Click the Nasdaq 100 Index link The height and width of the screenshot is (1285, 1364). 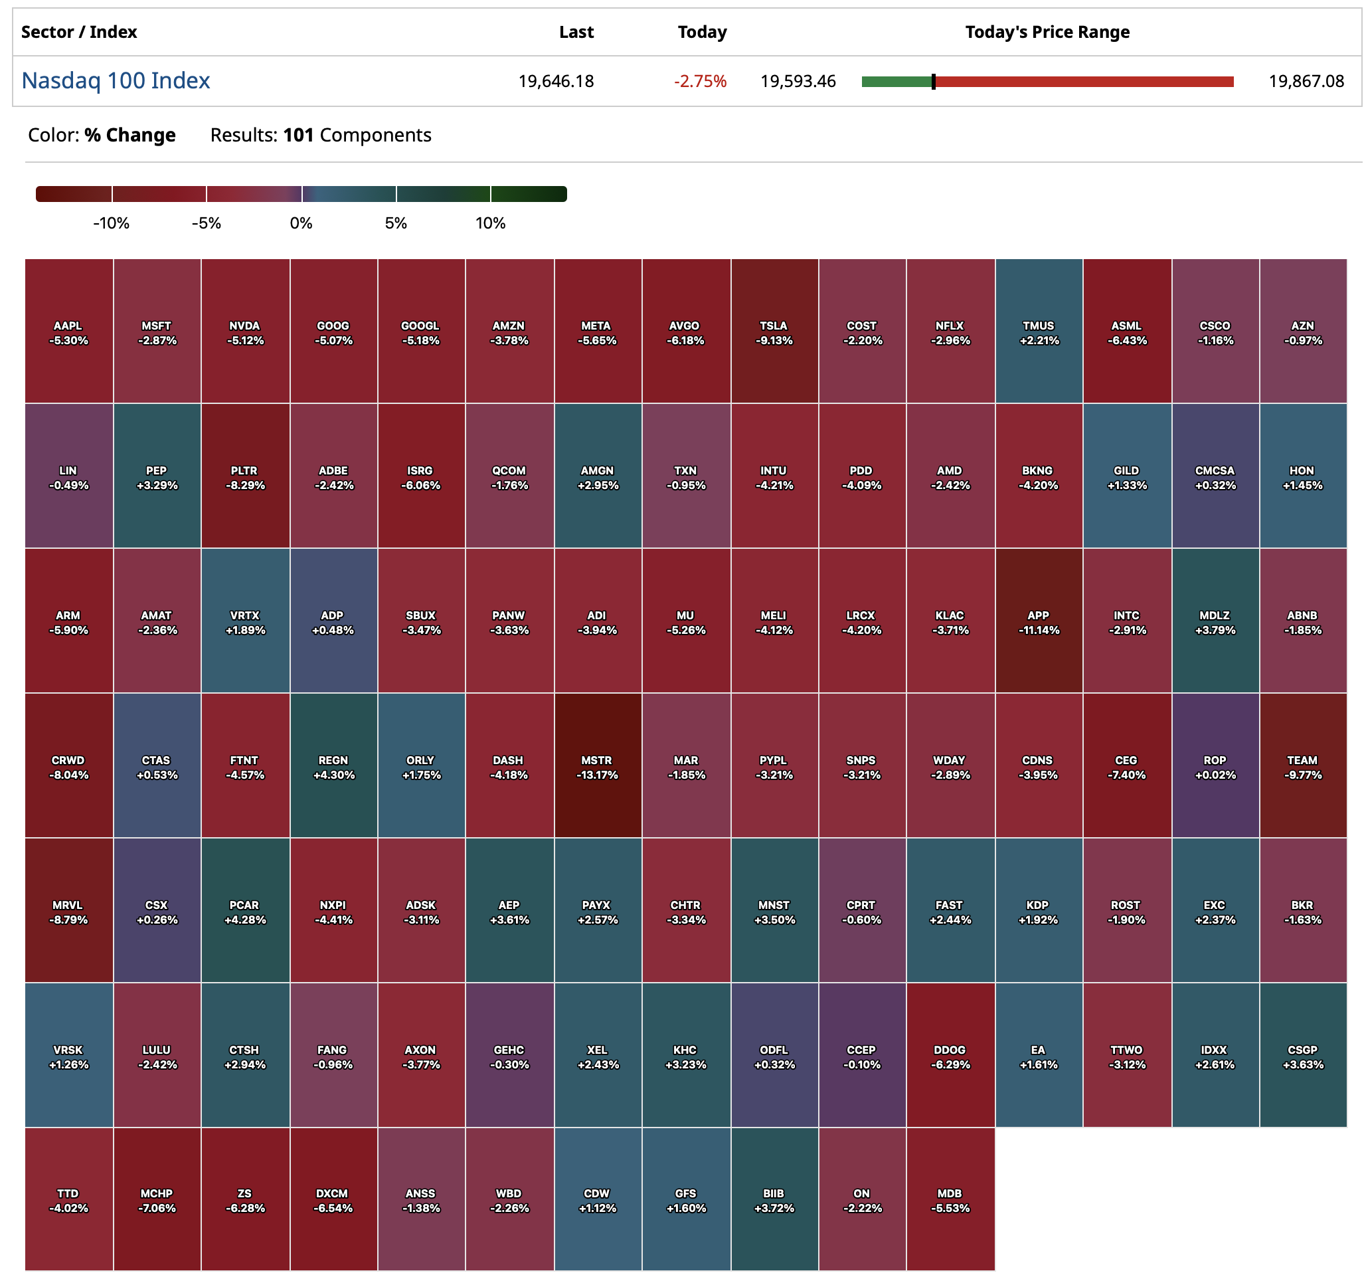click(116, 81)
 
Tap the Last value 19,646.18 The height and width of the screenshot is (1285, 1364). click(556, 82)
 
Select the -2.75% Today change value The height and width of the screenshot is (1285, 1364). click(700, 82)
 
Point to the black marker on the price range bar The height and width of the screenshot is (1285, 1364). click(933, 82)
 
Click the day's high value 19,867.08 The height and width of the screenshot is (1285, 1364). click(1306, 82)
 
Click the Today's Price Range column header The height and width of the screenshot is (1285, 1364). click(1047, 33)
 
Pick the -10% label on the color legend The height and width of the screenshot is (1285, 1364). click(111, 223)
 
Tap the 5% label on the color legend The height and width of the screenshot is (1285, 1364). click(396, 223)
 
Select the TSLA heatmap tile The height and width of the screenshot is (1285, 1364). click(774, 332)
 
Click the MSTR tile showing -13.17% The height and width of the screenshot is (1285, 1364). click(597, 766)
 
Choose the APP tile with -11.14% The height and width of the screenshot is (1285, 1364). click(1038, 621)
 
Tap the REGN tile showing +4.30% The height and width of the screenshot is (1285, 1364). click(333, 766)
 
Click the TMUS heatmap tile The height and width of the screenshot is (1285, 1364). click(1038, 332)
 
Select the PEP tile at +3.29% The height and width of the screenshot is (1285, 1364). click(157, 476)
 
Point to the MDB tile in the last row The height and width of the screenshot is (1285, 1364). click(950, 1199)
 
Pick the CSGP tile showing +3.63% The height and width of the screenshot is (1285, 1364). click(1302, 1056)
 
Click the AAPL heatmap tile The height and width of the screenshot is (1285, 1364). click(68, 332)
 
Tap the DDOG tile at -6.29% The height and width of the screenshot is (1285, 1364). click(950, 1056)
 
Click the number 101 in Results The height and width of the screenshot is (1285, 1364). click(298, 136)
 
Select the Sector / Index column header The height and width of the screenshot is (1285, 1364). click(79, 33)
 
